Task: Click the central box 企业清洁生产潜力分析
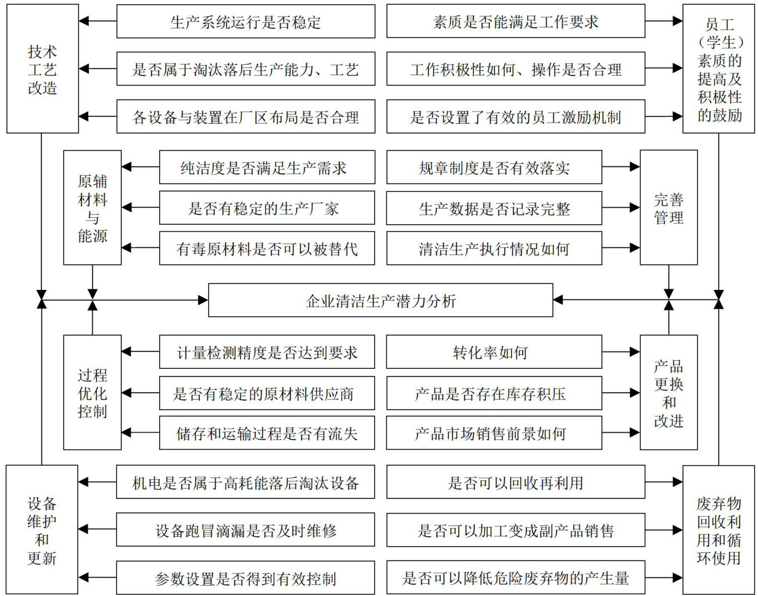(x=380, y=300)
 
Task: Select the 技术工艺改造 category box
(x=42, y=69)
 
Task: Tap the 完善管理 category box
(x=669, y=207)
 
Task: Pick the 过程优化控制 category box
(x=92, y=392)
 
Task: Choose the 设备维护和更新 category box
(x=42, y=529)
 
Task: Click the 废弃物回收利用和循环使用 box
(x=719, y=529)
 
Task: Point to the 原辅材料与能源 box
(x=92, y=207)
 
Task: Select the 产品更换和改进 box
(x=669, y=392)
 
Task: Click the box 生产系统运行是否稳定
(x=246, y=22)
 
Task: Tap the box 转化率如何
(x=494, y=352)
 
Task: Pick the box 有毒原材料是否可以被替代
(x=267, y=249)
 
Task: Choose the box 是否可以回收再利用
(x=515, y=482)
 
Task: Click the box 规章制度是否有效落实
(x=494, y=168)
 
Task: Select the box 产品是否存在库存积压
(x=494, y=393)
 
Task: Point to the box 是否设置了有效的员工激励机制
(x=515, y=117)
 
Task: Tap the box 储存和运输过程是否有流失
(x=267, y=433)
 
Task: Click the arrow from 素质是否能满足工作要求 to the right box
(x=663, y=21)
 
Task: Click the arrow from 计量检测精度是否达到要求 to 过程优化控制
(x=141, y=351)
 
